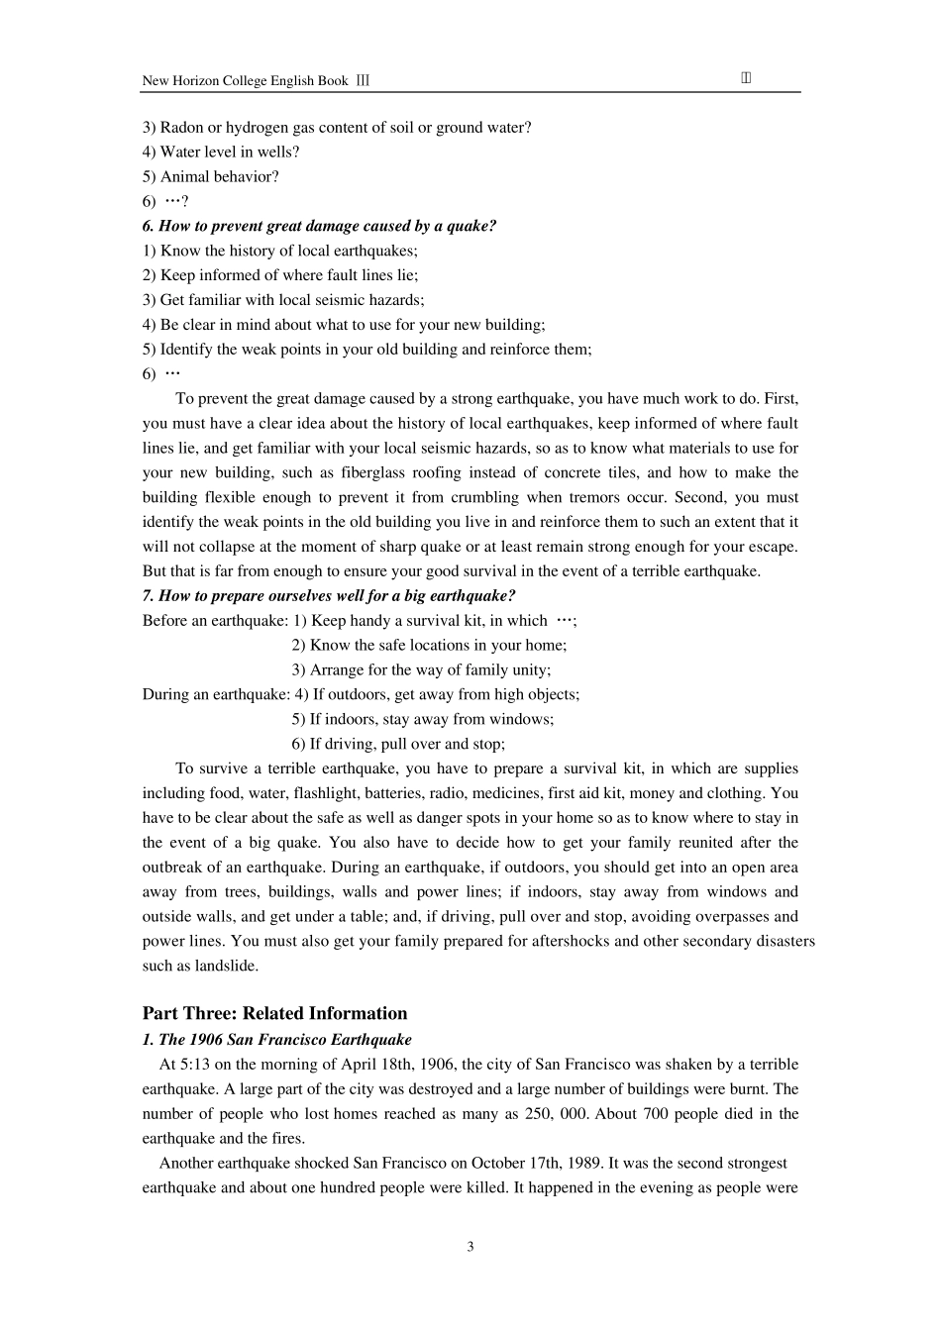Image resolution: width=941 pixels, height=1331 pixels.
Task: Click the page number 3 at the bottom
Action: coord(470,1246)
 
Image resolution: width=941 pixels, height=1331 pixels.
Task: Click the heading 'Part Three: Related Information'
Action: coord(274,1013)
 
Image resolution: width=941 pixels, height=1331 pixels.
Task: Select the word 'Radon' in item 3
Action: coord(181,127)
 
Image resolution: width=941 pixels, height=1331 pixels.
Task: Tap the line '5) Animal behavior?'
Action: coord(210,176)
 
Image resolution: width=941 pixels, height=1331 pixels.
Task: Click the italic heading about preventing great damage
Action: coord(319,226)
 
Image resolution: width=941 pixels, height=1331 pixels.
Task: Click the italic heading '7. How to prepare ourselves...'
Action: coord(329,595)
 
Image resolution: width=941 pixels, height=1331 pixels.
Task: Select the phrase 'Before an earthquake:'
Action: coord(215,620)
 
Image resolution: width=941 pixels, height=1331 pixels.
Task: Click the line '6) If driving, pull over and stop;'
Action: coord(398,744)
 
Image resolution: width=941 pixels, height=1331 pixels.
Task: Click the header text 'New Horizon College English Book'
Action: coord(245,81)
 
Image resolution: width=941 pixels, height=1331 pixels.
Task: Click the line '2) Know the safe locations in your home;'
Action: coord(429,645)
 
